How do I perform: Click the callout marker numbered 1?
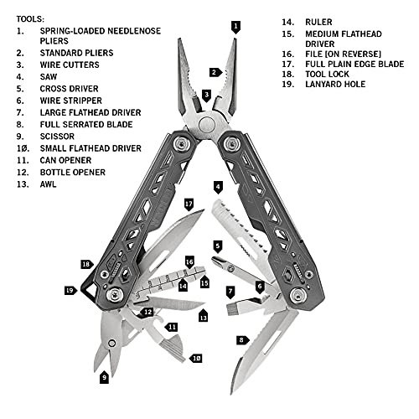point(235,27)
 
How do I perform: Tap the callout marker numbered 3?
point(206,96)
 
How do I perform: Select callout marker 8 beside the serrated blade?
point(242,340)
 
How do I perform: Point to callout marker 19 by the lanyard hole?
point(70,291)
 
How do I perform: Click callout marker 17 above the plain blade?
point(189,204)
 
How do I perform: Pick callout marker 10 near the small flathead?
point(195,358)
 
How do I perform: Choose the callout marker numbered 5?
point(218,247)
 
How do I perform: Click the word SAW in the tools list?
point(49,76)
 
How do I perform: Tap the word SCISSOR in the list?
point(57,137)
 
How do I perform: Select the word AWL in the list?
point(48,184)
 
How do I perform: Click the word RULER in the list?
point(318,22)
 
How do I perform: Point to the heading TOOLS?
point(30,19)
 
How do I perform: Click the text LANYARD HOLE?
point(335,84)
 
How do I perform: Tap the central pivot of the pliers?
point(207,125)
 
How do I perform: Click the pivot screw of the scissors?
point(112,344)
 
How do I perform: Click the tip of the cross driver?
point(214,259)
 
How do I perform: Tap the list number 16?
point(288,54)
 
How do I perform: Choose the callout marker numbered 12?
point(147,312)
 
